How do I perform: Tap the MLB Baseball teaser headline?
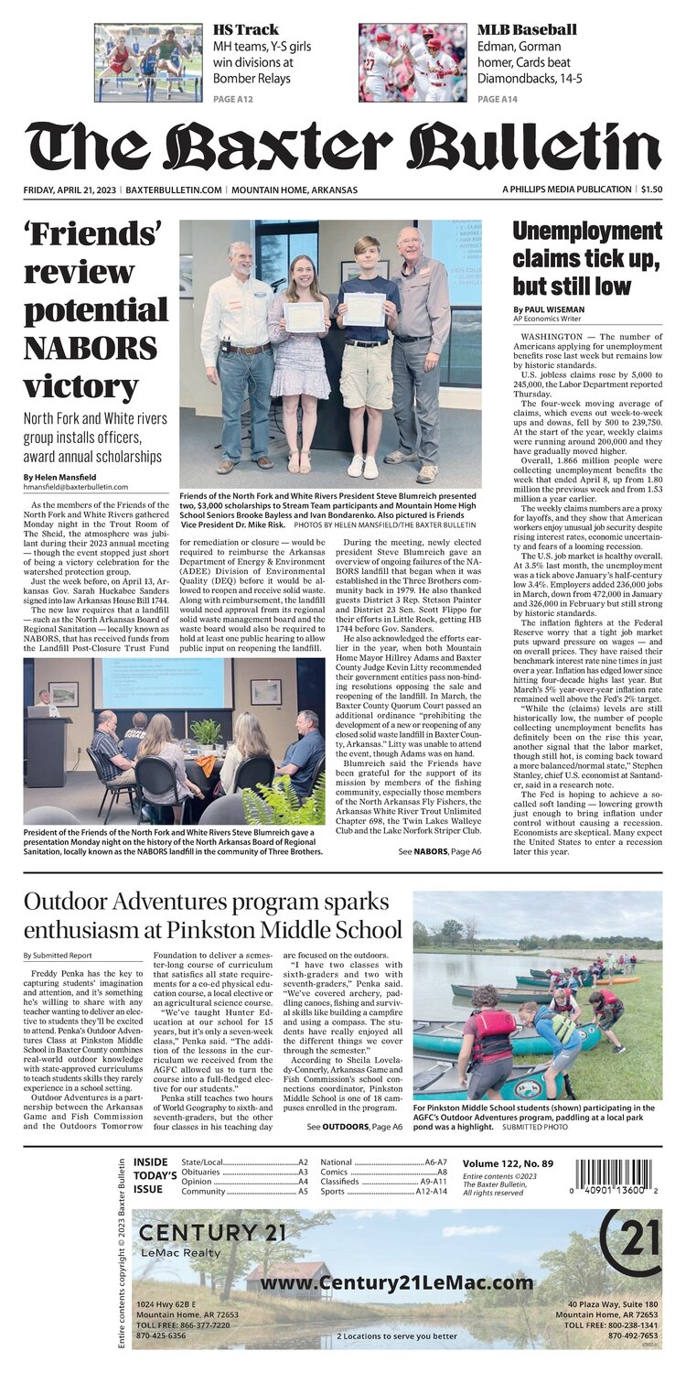coord(527,29)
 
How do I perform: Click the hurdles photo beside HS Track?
coord(148,62)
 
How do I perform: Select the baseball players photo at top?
coord(413,62)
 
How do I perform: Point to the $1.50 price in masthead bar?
coord(651,189)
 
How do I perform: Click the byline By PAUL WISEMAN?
coord(551,309)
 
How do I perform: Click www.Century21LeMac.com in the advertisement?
coord(396,1283)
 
